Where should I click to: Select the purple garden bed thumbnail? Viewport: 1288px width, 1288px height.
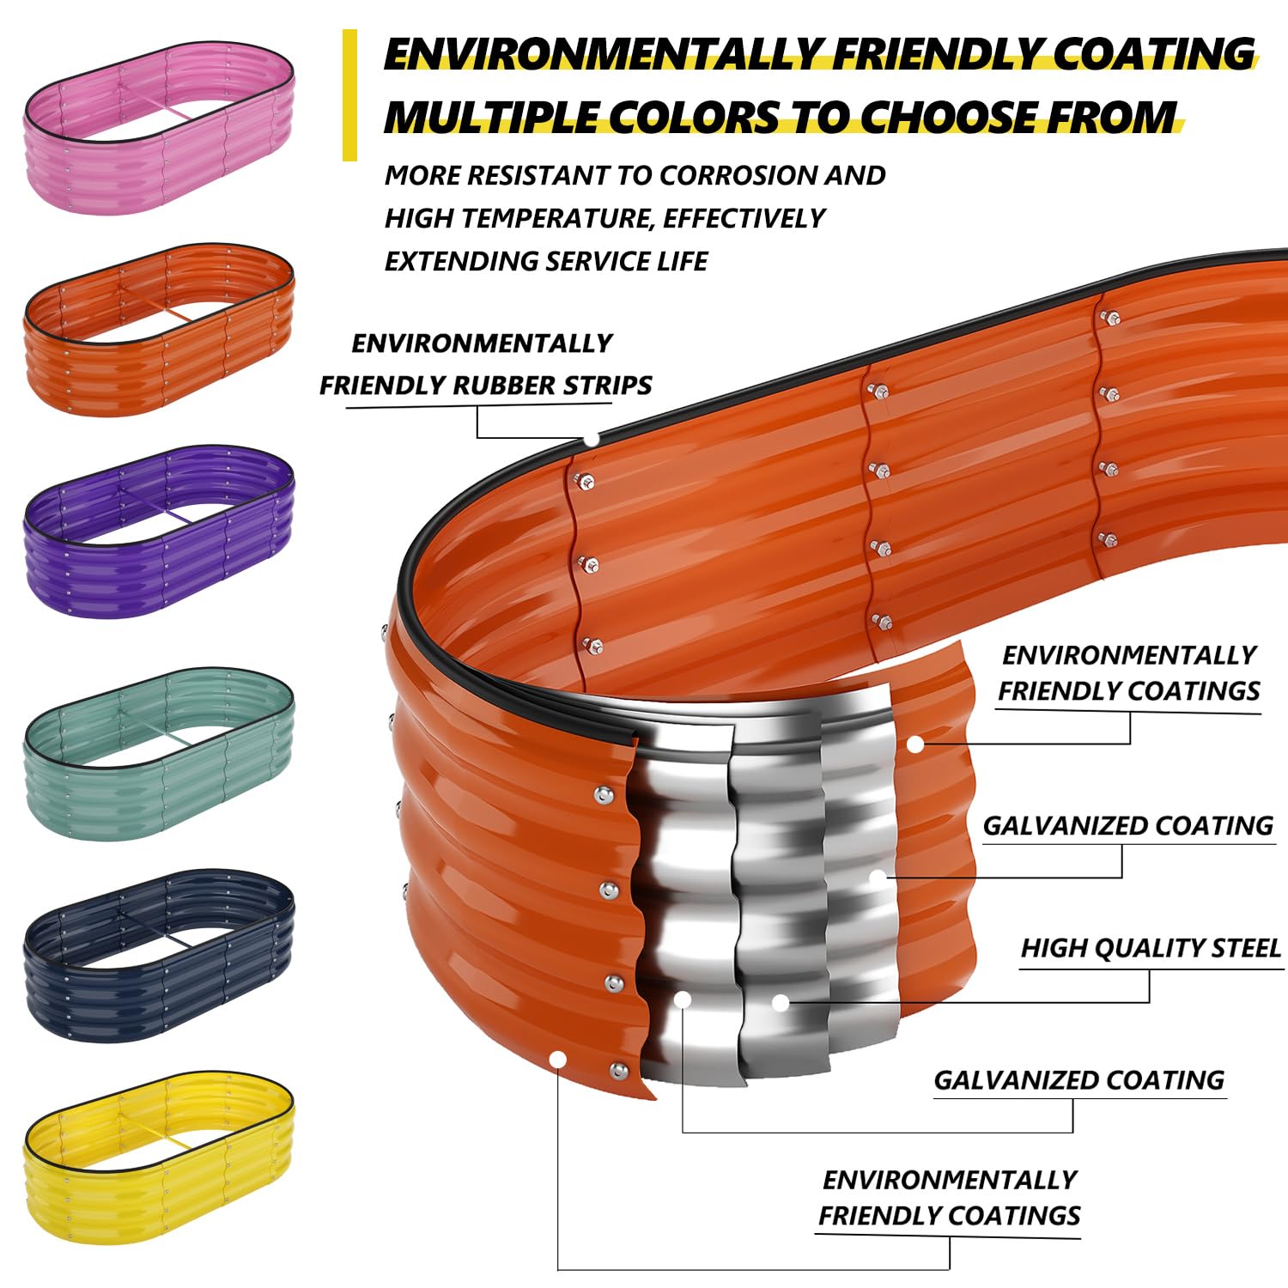point(159,532)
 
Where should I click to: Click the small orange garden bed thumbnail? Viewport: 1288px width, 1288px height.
point(159,331)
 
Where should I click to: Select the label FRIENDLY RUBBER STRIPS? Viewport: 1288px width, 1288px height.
point(485,386)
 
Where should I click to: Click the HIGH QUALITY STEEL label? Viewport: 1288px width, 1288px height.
point(1150,948)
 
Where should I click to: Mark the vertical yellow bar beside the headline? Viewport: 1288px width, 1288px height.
point(349,95)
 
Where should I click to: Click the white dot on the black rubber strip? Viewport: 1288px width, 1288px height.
point(592,439)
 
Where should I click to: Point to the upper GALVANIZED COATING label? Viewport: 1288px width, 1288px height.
point(1127,826)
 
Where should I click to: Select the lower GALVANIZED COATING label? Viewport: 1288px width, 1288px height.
point(1078,1080)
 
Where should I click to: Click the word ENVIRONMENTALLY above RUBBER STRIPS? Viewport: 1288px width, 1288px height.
point(482,343)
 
